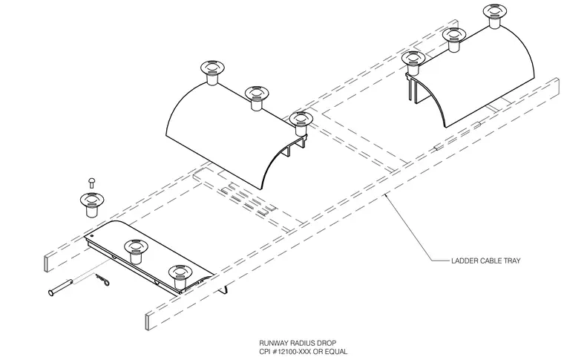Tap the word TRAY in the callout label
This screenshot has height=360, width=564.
pos(512,261)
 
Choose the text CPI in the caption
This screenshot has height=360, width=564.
pos(265,351)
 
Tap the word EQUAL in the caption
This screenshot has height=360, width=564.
pos(337,351)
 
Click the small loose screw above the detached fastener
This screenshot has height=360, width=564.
pos(92,183)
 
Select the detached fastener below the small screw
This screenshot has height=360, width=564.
pos(91,204)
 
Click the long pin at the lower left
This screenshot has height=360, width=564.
pos(61,287)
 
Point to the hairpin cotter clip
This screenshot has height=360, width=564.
pos(102,280)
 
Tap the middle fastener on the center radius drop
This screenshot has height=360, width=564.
pos(257,98)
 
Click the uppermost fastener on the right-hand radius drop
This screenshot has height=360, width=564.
pos(495,16)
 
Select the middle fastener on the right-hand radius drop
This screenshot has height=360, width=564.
pos(454,39)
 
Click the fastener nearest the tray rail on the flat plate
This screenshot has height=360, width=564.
pos(180,278)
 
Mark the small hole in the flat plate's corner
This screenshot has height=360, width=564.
pos(92,236)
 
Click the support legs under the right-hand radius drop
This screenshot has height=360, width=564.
pos(413,88)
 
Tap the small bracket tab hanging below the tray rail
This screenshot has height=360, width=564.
pos(224,289)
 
